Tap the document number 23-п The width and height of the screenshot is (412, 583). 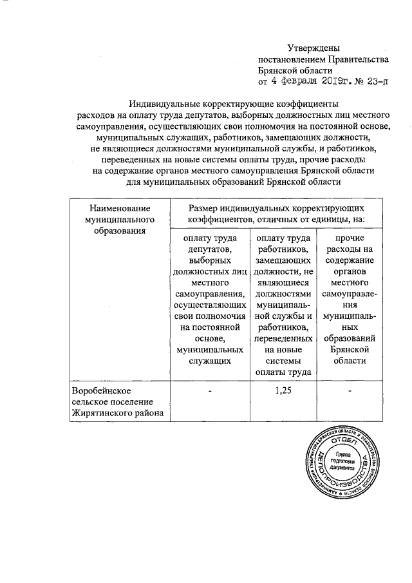pyautogui.click(x=375, y=82)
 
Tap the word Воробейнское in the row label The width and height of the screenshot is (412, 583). pyautogui.click(x=101, y=392)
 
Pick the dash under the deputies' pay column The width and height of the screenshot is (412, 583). pyautogui.click(x=208, y=391)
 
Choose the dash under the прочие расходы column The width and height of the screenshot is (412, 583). pyautogui.click(x=351, y=391)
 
